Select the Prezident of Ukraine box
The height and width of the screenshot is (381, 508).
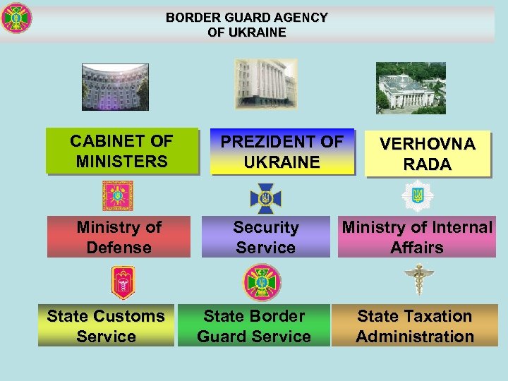pyautogui.click(x=282, y=152)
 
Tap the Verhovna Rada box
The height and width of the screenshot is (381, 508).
pyautogui.click(x=428, y=154)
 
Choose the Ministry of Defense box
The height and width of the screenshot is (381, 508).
pyautogui.click(x=119, y=237)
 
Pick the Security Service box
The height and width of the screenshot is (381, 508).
pyautogui.click(x=266, y=237)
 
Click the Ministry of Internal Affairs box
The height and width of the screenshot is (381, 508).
pyautogui.click(x=416, y=237)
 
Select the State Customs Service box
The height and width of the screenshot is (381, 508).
pyautogui.click(x=106, y=326)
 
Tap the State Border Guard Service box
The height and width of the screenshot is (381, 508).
pyautogui.click(x=254, y=326)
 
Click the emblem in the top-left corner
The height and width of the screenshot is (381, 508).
pyautogui.click(x=16, y=19)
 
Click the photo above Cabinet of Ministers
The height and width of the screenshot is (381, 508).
pyautogui.click(x=115, y=87)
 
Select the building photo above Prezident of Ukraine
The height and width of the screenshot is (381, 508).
pyautogui.click(x=266, y=83)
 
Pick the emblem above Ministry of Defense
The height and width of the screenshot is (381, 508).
pyautogui.click(x=117, y=195)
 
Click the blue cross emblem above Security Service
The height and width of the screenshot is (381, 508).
pyautogui.click(x=266, y=198)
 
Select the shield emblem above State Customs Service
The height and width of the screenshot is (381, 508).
pyautogui.click(x=123, y=283)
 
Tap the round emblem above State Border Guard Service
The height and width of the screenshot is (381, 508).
pyautogui.click(x=262, y=283)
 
